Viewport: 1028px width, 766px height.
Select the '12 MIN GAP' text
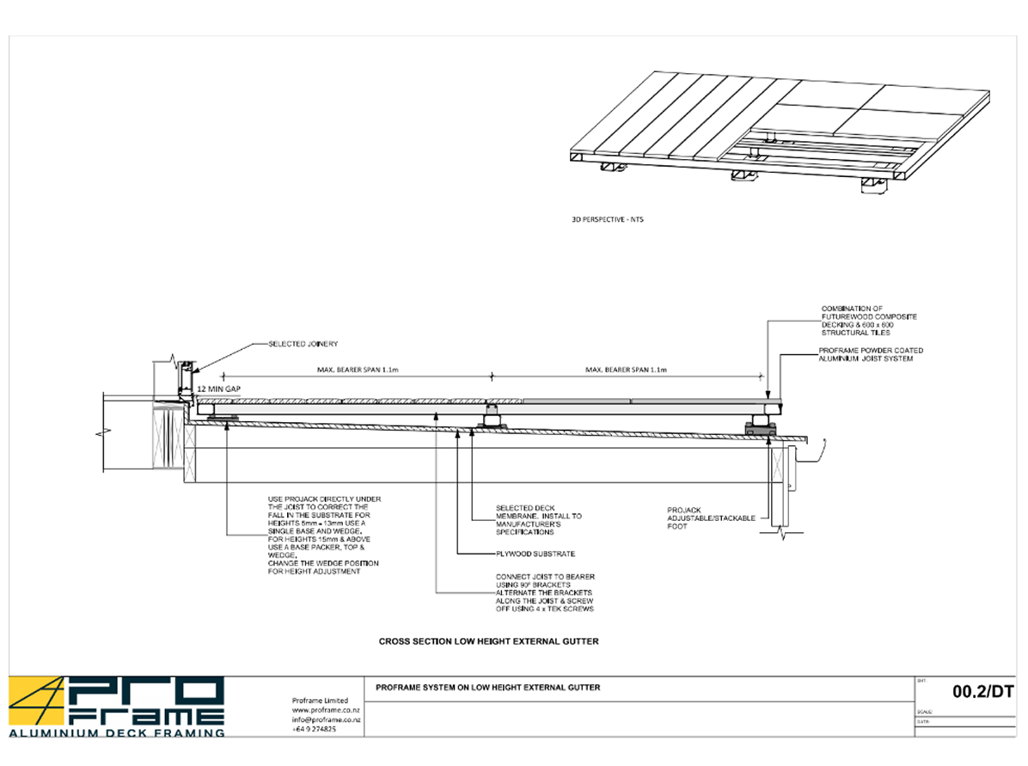pos(218,389)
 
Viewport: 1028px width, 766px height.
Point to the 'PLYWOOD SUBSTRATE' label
pos(535,554)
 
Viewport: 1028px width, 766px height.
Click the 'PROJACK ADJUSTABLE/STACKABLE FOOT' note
pos(711,518)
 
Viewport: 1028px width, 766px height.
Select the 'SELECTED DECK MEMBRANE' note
pos(538,520)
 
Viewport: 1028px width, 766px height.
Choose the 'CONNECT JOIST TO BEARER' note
pos(545,592)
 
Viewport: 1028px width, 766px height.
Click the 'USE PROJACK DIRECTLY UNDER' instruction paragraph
pos(323,535)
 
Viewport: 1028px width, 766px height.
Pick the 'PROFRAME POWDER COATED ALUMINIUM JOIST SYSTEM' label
pos(872,354)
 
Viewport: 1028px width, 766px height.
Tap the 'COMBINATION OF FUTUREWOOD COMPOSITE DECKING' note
pos(869,320)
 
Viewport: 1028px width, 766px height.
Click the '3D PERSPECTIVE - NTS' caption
pos(607,220)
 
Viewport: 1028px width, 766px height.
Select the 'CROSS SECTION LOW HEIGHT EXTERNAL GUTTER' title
pos(488,641)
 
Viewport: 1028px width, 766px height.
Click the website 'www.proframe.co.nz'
pos(326,710)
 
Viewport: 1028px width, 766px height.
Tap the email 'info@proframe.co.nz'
pos(326,720)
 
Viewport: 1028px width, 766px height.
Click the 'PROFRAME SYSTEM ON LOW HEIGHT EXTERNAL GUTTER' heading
pos(488,687)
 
